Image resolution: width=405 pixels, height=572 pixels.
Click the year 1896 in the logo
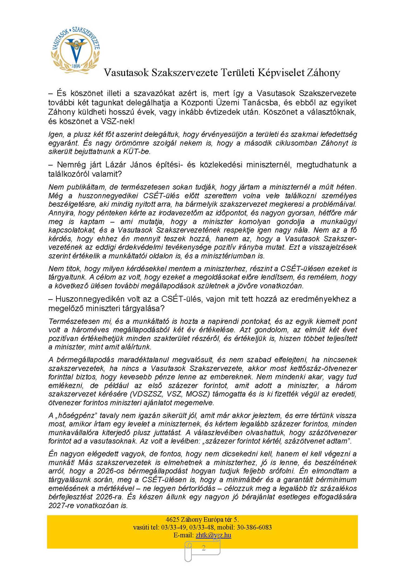click(76, 66)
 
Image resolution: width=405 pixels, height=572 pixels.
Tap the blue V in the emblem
click(76, 53)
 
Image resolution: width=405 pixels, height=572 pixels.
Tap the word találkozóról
click(69, 174)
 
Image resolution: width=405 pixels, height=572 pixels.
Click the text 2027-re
click(61, 505)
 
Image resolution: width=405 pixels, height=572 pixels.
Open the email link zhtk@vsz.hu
click(213, 535)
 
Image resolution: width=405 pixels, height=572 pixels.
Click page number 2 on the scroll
click(204, 548)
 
